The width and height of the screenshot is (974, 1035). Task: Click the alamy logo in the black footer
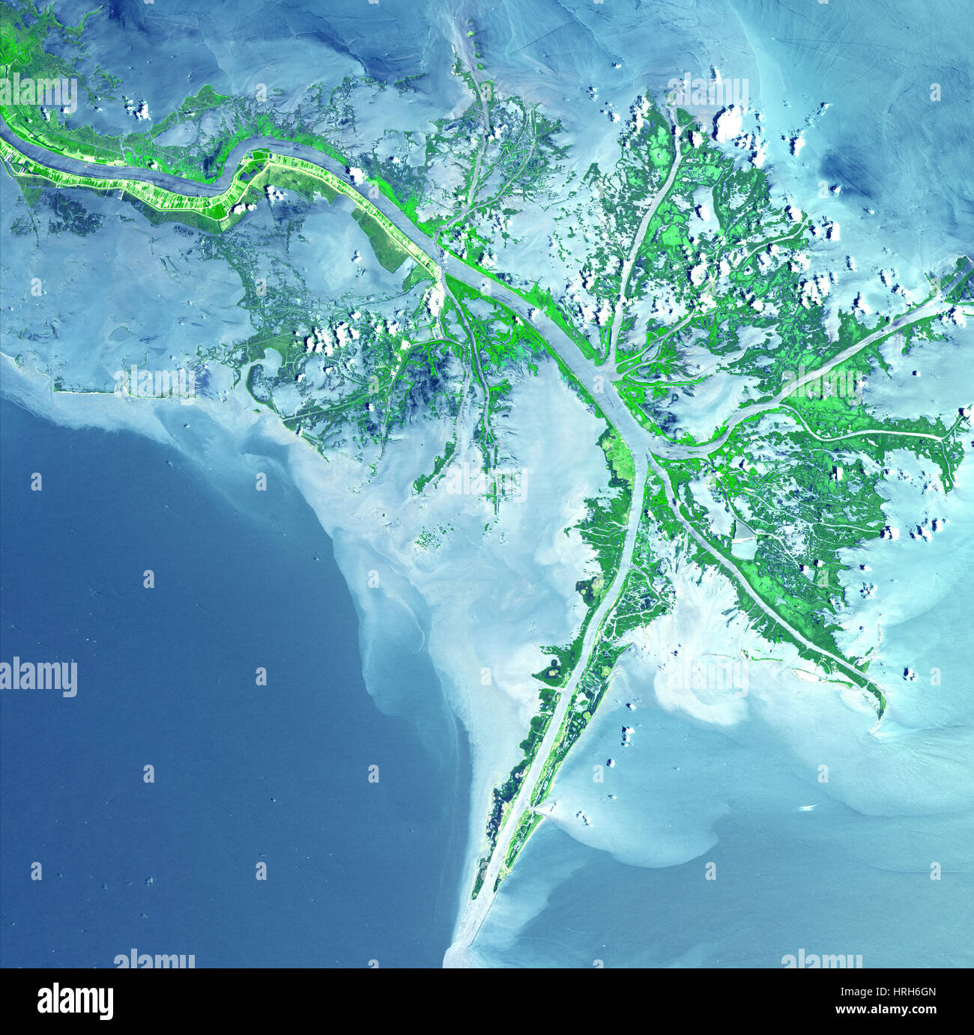[x=75, y=1001]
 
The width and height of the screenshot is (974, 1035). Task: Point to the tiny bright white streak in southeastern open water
[x=807, y=807]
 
